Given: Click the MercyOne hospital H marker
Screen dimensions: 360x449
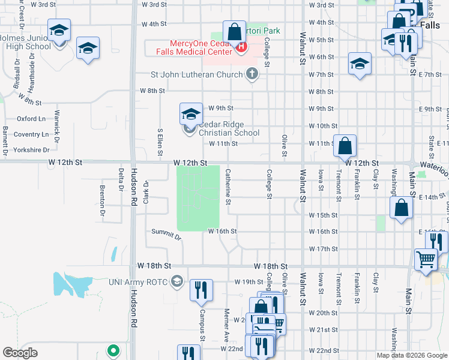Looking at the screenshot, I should (x=241, y=46).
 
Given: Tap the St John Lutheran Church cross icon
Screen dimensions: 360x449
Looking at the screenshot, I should (x=253, y=75).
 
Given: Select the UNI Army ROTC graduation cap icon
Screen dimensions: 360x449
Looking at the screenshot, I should (x=177, y=281).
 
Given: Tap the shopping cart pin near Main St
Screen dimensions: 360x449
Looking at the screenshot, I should (x=426, y=260).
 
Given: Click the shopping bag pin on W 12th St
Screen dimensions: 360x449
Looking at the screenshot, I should (x=345, y=146).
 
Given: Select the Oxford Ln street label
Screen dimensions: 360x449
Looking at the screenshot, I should (x=32, y=119).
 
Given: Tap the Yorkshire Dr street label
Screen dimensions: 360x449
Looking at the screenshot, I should (x=33, y=150).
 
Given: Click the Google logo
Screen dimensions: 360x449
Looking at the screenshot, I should (x=20, y=353).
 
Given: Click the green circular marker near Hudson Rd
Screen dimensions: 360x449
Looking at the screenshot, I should (x=112, y=350).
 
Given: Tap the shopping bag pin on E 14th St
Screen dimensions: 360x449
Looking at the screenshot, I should (x=401, y=209).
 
